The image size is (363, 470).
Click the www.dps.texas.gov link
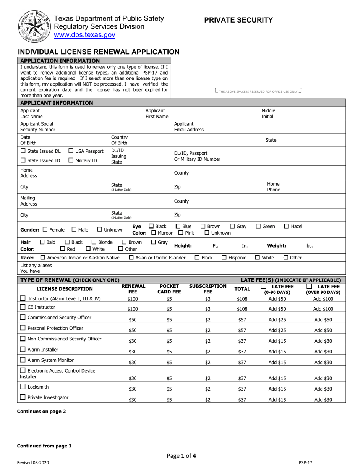[84, 35]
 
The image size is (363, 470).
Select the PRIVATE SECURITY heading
[238, 20]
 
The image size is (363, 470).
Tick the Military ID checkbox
[71, 160]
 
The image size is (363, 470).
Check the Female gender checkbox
[45, 229]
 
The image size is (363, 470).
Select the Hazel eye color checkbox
[287, 226]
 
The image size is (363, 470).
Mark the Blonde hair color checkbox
[94, 242]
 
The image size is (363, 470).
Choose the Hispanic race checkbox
[224, 258]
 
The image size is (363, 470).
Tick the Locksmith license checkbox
[23, 387]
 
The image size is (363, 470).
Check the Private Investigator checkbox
[23, 397]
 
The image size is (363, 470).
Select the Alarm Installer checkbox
[23, 349]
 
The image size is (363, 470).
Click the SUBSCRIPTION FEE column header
[207, 289]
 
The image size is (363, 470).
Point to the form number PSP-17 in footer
[306, 462]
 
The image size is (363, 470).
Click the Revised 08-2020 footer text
[33, 462]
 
